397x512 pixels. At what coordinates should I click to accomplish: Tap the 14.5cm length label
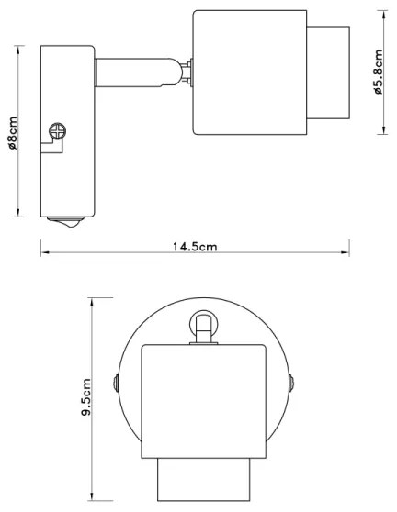[x=196, y=247]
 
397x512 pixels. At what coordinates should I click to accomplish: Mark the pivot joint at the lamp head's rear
[x=187, y=73]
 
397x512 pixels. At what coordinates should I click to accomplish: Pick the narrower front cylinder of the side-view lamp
[x=328, y=72]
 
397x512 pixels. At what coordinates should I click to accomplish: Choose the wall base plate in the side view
[x=66, y=129]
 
